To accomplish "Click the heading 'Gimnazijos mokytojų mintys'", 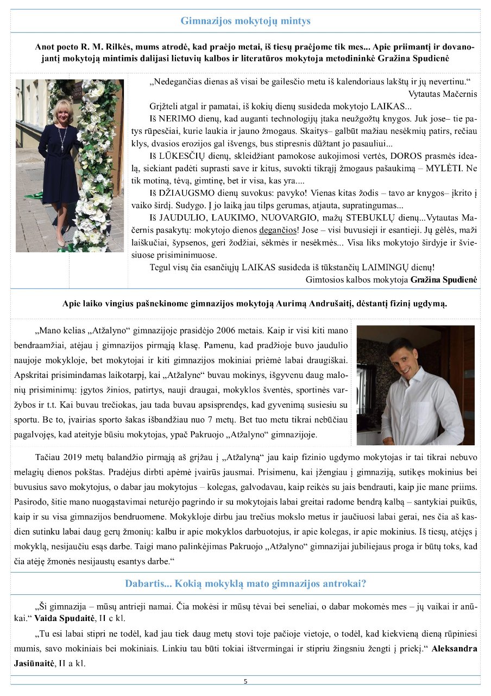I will (246, 21).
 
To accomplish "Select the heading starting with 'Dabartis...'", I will (246, 584).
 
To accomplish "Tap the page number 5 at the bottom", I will (246, 681).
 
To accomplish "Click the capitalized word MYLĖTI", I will (429, 169).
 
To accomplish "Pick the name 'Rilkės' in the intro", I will (116, 47).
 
